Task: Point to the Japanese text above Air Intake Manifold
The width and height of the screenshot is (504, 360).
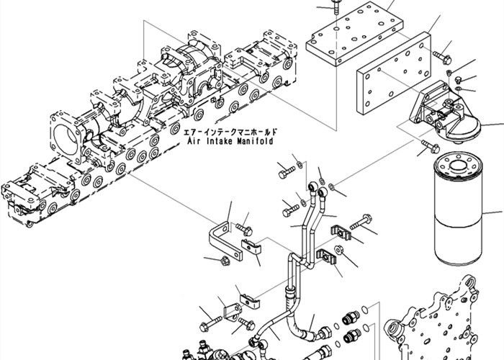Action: tap(230, 133)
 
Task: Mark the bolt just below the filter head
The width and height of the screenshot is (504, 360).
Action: tap(426, 150)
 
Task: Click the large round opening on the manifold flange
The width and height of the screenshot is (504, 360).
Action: tap(68, 136)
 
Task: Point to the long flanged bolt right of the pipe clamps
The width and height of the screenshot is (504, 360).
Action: tap(364, 221)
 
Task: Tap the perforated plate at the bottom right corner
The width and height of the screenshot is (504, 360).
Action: tap(446, 324)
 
